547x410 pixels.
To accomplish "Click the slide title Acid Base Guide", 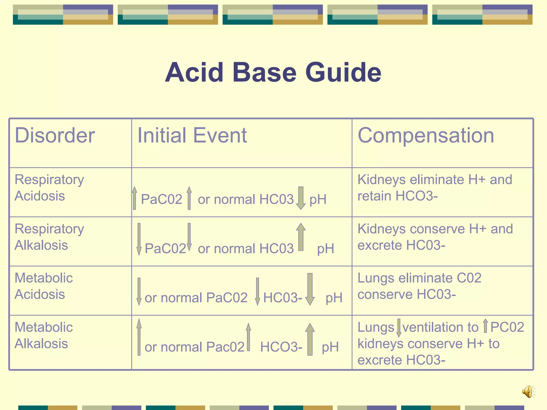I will tap(273, 72).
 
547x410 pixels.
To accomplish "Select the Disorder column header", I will tap(55, 135).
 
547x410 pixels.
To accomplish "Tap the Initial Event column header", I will tap(192, 135).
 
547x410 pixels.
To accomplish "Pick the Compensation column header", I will tap(425, 135).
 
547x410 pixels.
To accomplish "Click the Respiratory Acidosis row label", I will tap(49, 187).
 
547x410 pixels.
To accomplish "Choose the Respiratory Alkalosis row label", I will tap(49, 237).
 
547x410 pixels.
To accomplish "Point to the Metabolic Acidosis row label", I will tap(44, 286).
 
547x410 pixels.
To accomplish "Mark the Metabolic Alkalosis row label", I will tap(44, 335).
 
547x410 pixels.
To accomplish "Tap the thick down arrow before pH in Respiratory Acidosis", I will tap(301, 198).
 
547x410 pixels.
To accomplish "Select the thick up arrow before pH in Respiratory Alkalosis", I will tap(301, 237).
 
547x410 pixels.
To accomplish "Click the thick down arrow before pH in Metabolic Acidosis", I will tap(310, 289).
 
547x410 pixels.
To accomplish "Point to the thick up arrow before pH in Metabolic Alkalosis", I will tap(310, 339).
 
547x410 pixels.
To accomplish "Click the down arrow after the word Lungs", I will tap(399, 328).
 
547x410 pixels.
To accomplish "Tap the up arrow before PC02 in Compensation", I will tap(486, 326).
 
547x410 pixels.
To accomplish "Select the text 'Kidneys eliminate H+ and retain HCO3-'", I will tap(435, 187).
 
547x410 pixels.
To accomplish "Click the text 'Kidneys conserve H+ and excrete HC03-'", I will tap(435, 237).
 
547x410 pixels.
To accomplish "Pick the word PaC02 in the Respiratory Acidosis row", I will tap(161, 199).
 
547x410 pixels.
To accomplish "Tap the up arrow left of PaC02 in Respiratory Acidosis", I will tap(135, 198).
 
